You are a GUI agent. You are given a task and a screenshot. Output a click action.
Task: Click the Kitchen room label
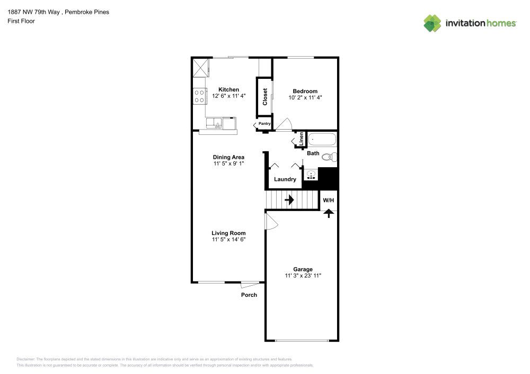[228, 89]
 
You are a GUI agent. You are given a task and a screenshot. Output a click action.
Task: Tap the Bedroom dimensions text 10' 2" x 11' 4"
[305, 97]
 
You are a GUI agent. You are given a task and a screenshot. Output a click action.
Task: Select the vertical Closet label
[265, 97]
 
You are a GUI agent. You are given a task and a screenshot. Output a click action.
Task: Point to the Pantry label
[264, 124]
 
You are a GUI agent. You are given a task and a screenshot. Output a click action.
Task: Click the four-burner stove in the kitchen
[199, 96]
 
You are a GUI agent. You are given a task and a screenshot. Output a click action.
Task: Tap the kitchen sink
[214, 123]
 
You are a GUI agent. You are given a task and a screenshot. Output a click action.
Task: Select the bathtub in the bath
[322, 139]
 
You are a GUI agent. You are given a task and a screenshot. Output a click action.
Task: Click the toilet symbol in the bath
[329, 157]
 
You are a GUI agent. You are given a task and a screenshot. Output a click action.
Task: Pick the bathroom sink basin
[311, 175]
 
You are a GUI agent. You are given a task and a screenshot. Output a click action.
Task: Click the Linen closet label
[301, 139]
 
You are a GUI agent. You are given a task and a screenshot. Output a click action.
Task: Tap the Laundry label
[285, 179]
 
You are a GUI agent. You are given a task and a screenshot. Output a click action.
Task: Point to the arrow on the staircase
[289, 200]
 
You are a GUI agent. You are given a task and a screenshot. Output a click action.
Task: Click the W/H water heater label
[328, 200]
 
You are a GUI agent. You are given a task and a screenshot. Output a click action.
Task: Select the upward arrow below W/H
[329, 214]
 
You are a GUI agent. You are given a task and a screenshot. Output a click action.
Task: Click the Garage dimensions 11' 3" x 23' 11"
[303, 276]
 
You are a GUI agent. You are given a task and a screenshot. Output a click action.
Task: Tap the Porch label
[249, 295]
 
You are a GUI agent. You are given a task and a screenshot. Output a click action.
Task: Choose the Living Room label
[228, 233]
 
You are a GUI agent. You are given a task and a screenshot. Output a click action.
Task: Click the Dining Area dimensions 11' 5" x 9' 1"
[228, 163]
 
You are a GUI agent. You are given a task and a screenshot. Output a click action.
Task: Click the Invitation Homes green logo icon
[432, 23]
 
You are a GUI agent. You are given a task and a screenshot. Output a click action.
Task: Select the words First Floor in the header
[21, 21]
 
